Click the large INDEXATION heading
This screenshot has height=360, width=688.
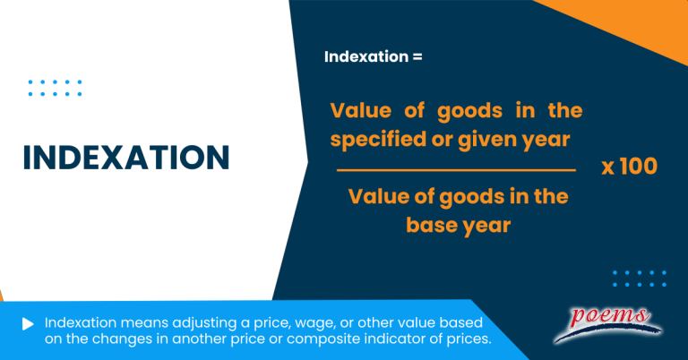pos(125,158)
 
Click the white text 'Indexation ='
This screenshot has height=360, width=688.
pos(372,56)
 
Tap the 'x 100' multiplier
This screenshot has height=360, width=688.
pos(629,167)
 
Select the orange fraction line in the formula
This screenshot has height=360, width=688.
pos(456,169)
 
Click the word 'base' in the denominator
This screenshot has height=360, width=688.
pos(435,225)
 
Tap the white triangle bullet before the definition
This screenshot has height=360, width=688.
pos(29,323)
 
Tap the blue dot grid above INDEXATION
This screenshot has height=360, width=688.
pos(55,88)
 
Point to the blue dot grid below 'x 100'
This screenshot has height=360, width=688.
pos(639,278)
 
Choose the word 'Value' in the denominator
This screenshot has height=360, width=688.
pos(377,196)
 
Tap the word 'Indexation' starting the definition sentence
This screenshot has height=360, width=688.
pos(77,323)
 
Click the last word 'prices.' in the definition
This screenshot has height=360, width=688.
pos(468,340)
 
